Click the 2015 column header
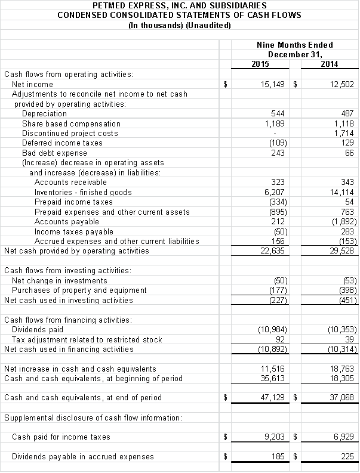pyautogui.click(x=260, y=64)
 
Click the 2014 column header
pyautogui.click(x=329, y=64)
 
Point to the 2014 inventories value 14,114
pyautogui.click(x=342, y=192)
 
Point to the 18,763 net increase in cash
pyautogui.click(x=342, y=369)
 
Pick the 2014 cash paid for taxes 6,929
pyautogui.click(x=344, y=437)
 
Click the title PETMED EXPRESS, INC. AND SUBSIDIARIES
pyautogui.click(x=180, y=5)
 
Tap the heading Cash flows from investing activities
pyautogui.click(x=67, y=271)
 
